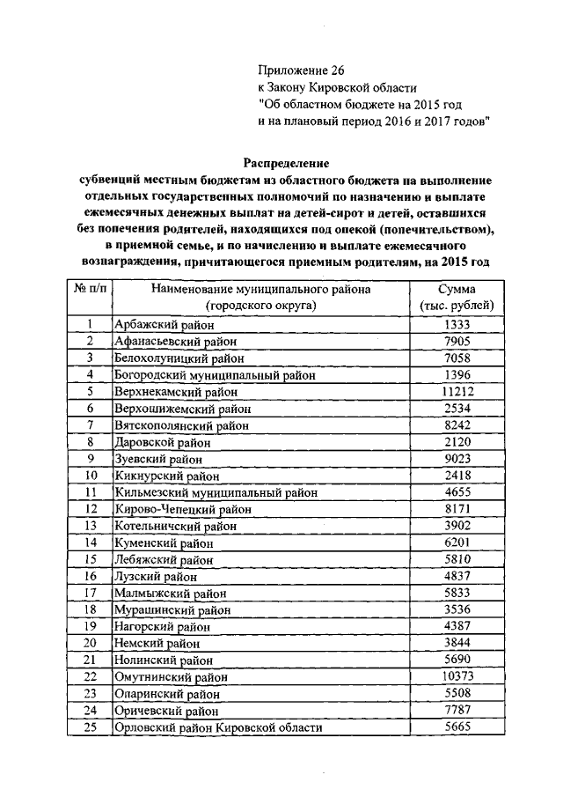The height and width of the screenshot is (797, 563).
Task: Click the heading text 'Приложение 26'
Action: click(295, 70)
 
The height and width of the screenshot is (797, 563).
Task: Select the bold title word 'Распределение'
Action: click(286, 163)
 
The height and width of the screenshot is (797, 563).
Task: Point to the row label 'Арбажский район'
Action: click(158, 324)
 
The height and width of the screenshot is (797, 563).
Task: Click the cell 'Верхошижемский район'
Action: click(173, 409)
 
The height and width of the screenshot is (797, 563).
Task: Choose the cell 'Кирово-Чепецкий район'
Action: click(172, 509)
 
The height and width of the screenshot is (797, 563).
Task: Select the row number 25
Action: click(90, 727)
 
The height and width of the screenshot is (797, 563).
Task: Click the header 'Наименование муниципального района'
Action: click(260, 289)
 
